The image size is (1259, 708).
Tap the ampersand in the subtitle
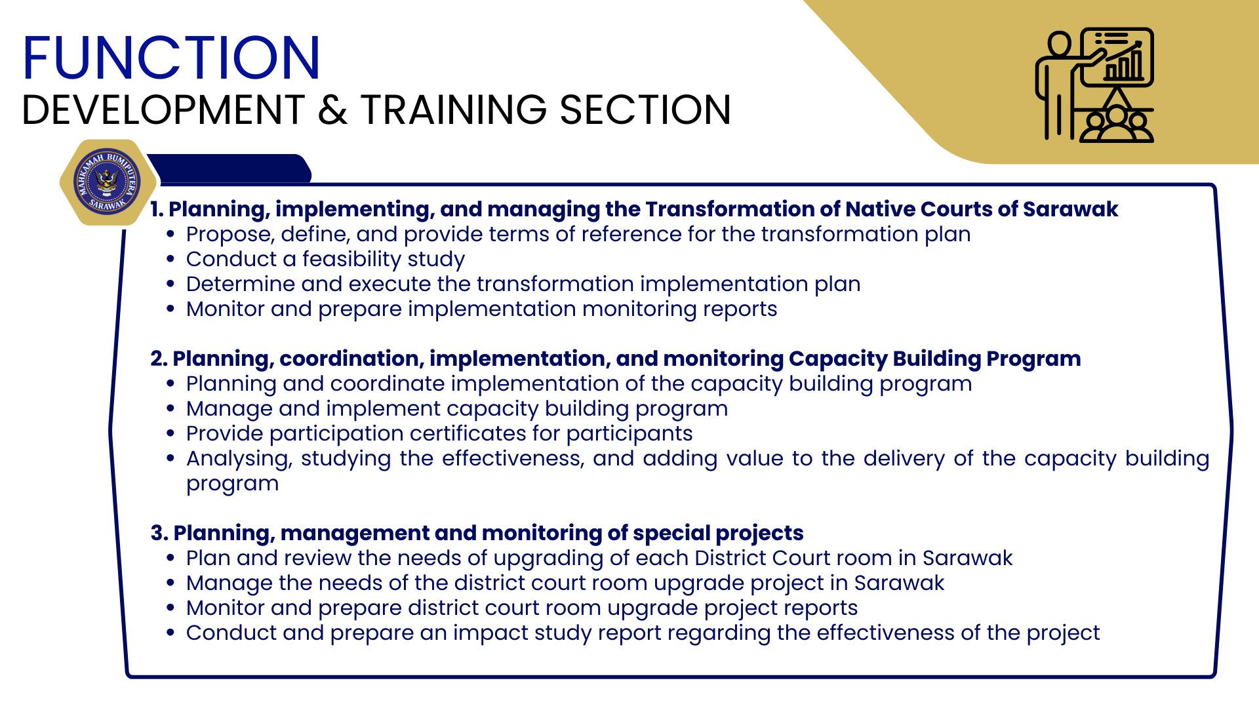coord(332,109)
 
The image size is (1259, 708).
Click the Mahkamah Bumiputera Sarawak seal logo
coord(107,182)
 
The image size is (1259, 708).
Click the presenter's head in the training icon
coord(1058,44)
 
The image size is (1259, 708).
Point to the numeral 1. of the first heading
coord(157,209)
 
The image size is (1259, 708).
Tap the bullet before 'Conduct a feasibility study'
coord(170,260)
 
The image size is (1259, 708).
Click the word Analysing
coord(239,459)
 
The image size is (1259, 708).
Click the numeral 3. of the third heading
coord(159,533)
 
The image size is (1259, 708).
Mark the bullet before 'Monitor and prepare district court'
coord(170,608)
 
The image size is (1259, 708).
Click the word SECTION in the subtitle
coord(646,109)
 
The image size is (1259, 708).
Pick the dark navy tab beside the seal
coord(230,168)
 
